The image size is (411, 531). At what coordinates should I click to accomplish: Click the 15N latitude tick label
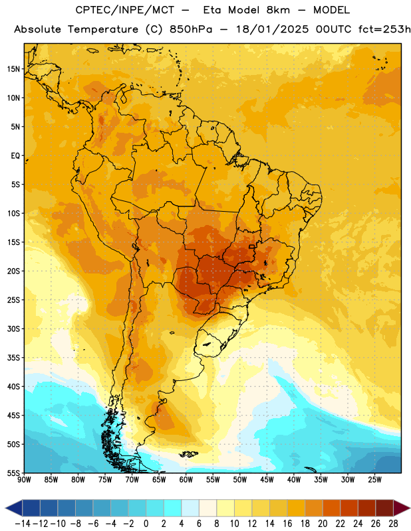point(13,69)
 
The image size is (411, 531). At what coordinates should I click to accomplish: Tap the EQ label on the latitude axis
point(15,156)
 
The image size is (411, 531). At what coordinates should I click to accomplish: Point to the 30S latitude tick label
point(13,329)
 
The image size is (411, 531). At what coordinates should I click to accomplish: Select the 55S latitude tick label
point(13,473)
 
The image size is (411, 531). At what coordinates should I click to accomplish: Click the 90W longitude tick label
point(24,479)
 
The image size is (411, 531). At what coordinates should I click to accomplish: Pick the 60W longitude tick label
point(186,479)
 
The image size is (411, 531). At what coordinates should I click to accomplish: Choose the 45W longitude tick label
point(267,479)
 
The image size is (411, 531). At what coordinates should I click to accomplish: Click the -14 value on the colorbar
point(23,524)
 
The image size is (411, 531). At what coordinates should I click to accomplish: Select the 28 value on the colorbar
point(393,524)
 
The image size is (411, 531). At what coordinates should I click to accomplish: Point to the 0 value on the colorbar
point(146,524)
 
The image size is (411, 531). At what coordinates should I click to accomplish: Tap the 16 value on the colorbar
point(287,524)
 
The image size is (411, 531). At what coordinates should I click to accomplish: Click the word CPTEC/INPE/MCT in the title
point(124,10)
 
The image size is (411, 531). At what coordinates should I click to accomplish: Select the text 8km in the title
point(278,10)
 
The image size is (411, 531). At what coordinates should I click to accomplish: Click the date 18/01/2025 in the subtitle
point(272,29)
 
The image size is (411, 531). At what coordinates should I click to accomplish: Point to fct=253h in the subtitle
point(384,29)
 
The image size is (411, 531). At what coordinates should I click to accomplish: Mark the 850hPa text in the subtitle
point(191,29)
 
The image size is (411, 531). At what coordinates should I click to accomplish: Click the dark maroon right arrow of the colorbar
point(402,508)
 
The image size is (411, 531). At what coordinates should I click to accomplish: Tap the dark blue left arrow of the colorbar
point(14,508)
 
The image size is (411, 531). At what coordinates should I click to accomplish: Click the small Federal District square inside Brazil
point(251,246)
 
